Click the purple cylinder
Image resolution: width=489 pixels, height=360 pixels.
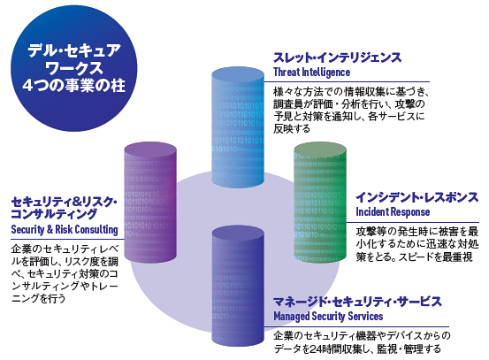(x=150, y=203)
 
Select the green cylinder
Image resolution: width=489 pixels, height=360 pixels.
(x=320, y=203)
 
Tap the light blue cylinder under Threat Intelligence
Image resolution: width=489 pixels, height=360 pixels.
(x=238, y=127)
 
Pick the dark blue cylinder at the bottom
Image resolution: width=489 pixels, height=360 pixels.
(x=238, y=286)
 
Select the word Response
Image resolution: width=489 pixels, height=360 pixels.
(x=409, y=212)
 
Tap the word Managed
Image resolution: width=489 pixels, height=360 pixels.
(x=291, y=317)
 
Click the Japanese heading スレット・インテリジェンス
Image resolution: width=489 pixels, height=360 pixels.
(x=337, y=57)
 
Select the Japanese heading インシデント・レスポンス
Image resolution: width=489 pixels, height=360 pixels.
(x=417, y=197)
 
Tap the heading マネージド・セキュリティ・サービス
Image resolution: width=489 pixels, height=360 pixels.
(x=358, y=302)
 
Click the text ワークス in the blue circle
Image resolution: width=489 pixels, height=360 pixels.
(x=74, y=68)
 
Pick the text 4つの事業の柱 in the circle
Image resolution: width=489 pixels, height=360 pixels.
(x=74, y=85)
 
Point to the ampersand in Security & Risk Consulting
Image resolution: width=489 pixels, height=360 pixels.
(x=50, y=229)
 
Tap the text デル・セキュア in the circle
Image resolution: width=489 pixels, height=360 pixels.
(x=74, y=50)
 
